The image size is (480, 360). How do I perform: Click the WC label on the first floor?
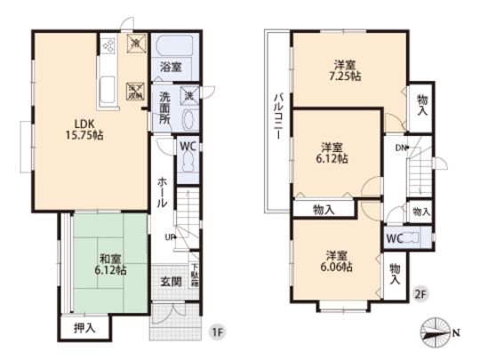pyautogui.click(x=188, y=147)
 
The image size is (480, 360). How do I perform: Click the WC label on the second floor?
pyautogui.click(x=396, y=239)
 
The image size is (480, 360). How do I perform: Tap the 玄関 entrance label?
pyautogui.click(x=171, y=282)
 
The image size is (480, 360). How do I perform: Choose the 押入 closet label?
pyautogui.click(x=84, y=328)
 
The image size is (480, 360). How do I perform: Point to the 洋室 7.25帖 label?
pyautogui.click(x=346, y=70)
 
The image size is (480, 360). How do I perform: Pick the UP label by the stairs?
pyautogui.click(x=169, y=236)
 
